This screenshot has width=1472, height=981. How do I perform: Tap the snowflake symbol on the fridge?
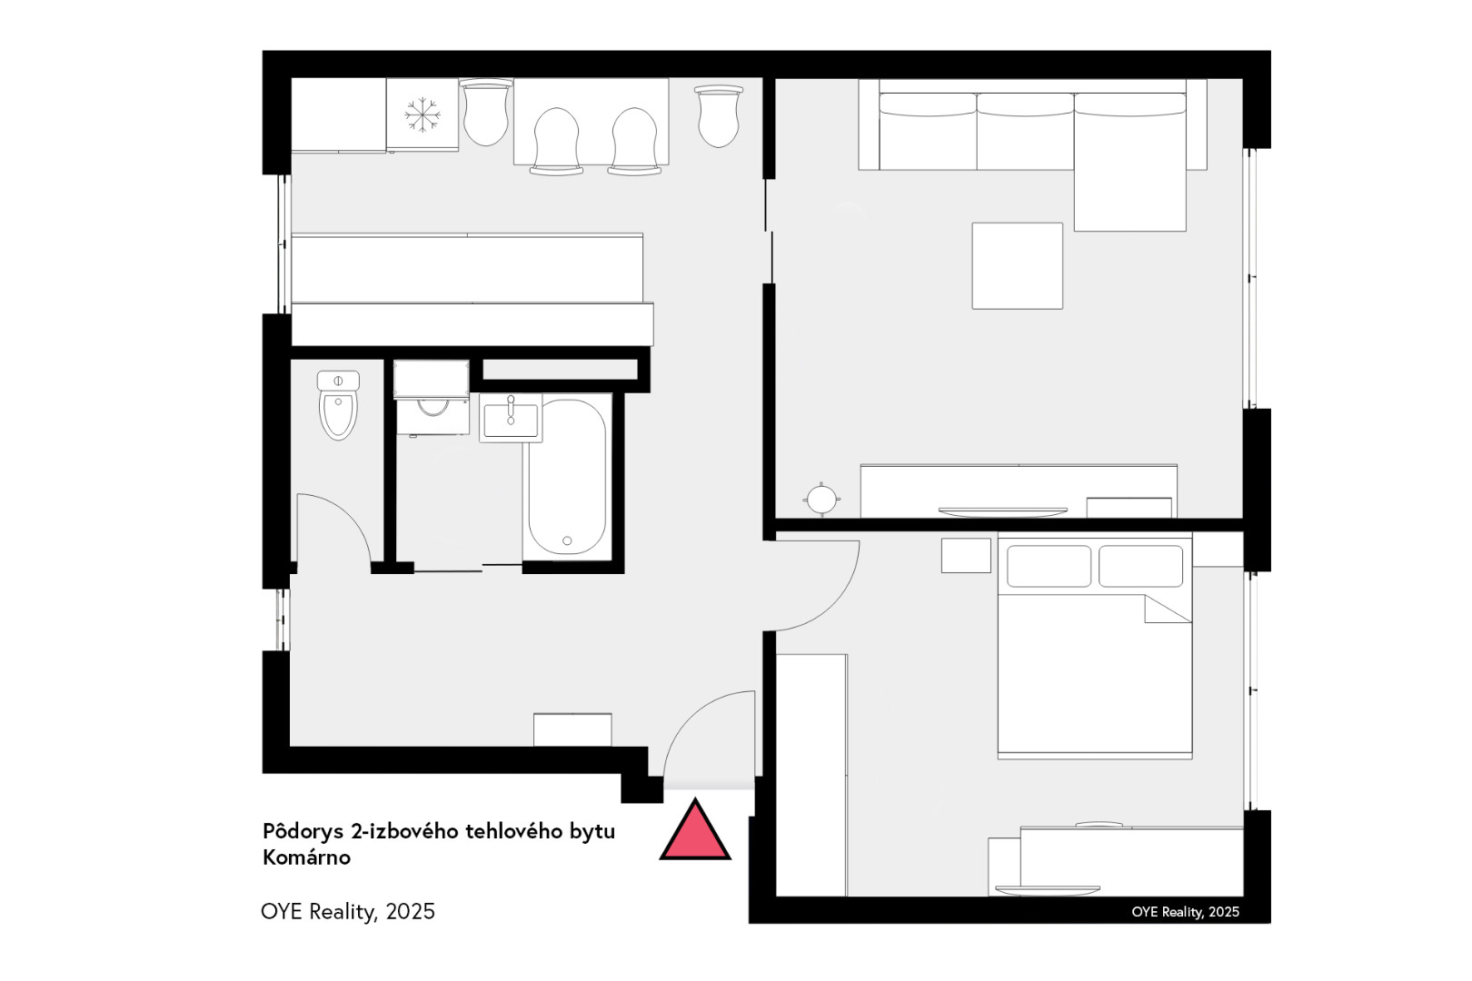422,115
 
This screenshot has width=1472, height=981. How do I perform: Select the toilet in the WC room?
338,405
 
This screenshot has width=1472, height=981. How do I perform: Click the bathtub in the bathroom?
567,477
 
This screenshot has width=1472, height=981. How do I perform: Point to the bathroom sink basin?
511,419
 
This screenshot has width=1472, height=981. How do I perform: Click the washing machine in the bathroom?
432,398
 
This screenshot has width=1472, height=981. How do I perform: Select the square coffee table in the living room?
1018,265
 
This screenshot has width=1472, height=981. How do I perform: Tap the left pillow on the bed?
1049,566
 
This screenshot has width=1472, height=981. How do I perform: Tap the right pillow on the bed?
1141,566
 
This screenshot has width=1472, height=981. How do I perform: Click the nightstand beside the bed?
966,555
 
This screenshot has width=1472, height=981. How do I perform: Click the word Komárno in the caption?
306,857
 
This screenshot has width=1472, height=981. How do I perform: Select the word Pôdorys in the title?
303,832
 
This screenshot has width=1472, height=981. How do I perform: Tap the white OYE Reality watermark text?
1186,912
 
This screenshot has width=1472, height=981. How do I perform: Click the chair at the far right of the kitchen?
719,115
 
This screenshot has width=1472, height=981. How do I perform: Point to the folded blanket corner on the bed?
1168,609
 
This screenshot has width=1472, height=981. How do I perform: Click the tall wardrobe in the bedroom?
811,775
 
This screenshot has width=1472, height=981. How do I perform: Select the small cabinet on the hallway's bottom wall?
572,729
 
